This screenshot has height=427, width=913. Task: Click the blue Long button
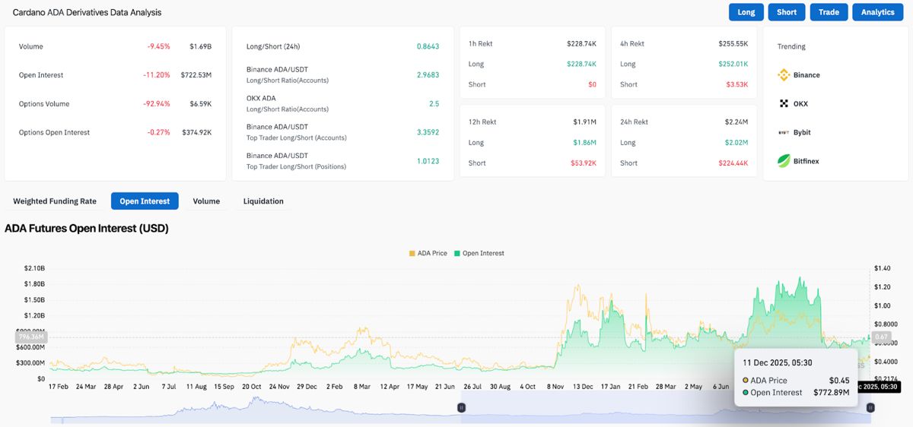[746, 12]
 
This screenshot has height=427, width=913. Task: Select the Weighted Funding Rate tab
[55, 201]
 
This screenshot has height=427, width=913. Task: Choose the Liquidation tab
[263, 201]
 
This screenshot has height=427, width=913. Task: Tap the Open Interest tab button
[145, 201]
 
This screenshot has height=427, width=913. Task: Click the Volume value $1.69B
[200, 46]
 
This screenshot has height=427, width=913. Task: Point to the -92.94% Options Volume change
[158, 104]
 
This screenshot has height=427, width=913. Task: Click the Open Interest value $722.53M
[196, 75]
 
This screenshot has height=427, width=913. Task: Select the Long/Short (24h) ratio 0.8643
[428, 46]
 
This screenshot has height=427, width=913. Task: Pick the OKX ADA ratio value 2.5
[434, 103]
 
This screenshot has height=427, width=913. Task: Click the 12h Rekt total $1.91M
[584, 122]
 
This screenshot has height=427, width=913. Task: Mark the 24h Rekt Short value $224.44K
[733, 163]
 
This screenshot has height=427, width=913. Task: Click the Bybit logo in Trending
[784, 132]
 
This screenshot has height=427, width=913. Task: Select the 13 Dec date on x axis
[583, 387]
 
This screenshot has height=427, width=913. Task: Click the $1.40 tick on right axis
[883, 268]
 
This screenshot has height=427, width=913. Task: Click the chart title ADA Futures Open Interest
[87, 228]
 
